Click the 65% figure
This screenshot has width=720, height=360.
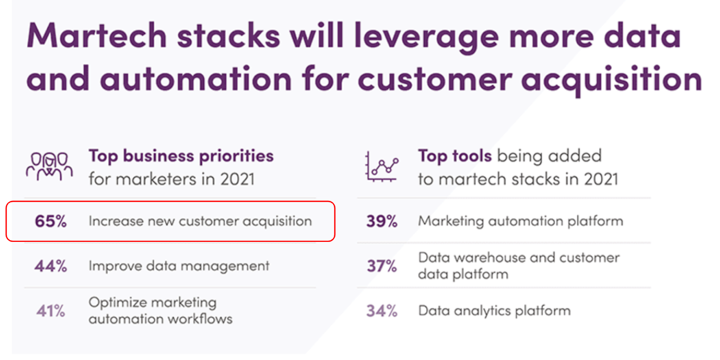pos(51,221)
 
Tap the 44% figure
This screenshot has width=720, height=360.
pos(51,266)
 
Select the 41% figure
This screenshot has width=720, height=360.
pos(51,311)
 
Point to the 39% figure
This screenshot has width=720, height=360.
pos(382,221)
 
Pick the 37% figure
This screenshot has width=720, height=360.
pos(382,266)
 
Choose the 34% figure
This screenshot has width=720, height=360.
pos(382,311)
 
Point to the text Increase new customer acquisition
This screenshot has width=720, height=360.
pos(200,221)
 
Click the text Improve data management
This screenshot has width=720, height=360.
pos(179,266)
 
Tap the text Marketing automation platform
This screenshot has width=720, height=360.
pos(520,221)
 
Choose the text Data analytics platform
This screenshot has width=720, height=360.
pos(494,311)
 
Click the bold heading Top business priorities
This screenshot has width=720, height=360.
pos(181,156)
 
